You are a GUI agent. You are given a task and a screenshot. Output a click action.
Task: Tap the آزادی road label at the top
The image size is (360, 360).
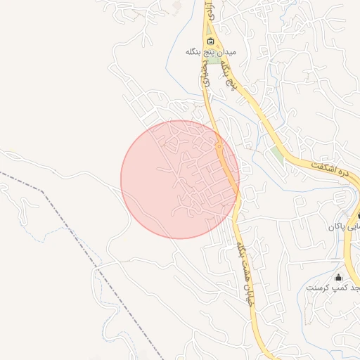208,10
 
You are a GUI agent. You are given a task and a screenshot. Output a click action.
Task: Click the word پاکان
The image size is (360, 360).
337,228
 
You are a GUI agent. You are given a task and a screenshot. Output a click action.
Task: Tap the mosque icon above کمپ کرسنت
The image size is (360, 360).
338,277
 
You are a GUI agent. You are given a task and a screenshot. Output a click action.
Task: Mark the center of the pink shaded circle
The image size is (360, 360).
180,179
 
